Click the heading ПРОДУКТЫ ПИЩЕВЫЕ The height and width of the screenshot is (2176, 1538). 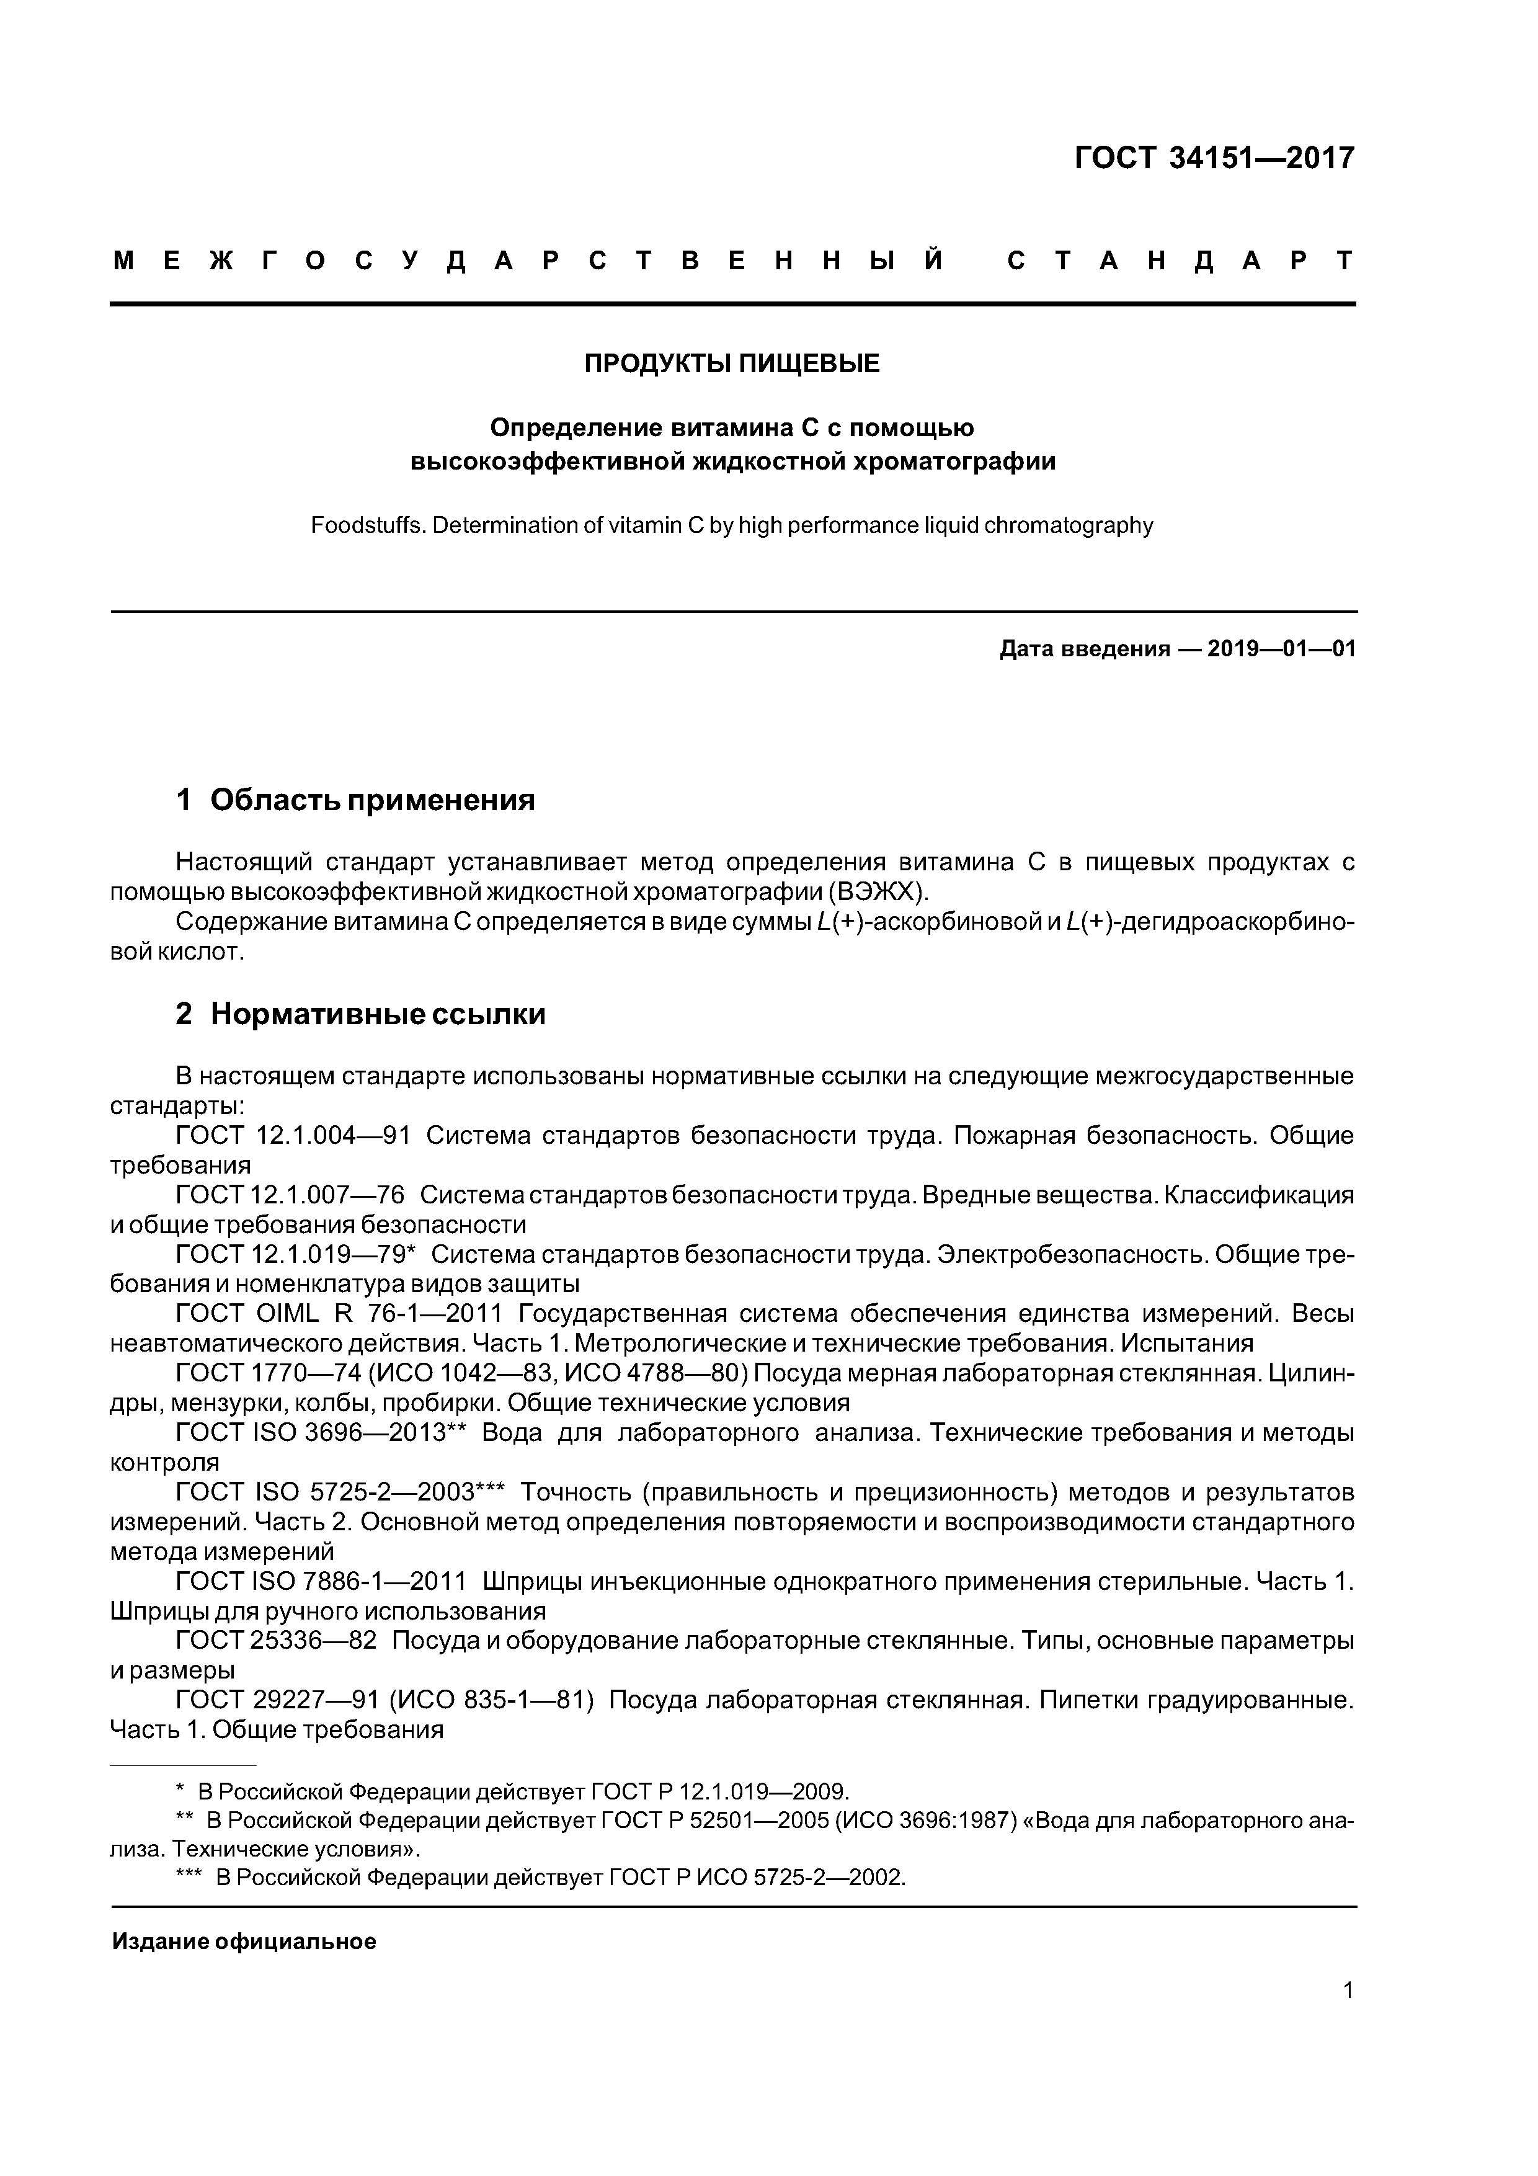[732, 364]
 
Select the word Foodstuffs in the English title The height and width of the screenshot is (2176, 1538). [366, 526]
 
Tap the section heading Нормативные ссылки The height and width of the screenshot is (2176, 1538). [377, 1015]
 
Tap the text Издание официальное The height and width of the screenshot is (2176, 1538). [244, 1942]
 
